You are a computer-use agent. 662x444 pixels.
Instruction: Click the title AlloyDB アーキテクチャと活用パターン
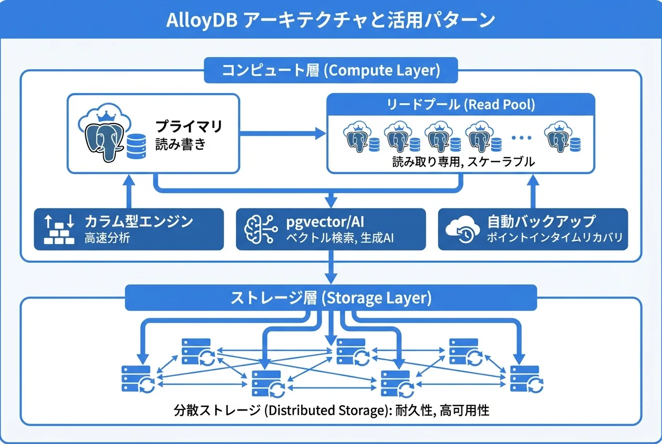[330, 20]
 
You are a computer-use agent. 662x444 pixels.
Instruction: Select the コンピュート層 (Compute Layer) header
[330, 70]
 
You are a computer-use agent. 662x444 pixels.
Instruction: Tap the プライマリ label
[189, 126]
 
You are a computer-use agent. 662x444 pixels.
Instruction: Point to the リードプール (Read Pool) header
[460, 104]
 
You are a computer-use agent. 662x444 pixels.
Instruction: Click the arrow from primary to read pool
[283, 134]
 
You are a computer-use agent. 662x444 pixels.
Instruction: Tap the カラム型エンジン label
[139, 221]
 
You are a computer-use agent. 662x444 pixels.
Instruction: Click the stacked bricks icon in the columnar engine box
[60, 230]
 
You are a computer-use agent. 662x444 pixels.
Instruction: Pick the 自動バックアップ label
[541, 221]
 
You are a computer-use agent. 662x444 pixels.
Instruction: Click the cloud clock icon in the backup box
[460, 230]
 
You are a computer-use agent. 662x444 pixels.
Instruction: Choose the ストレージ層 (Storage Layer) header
[330, 298]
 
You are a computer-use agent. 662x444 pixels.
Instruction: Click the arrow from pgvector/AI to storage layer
[330, 267]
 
